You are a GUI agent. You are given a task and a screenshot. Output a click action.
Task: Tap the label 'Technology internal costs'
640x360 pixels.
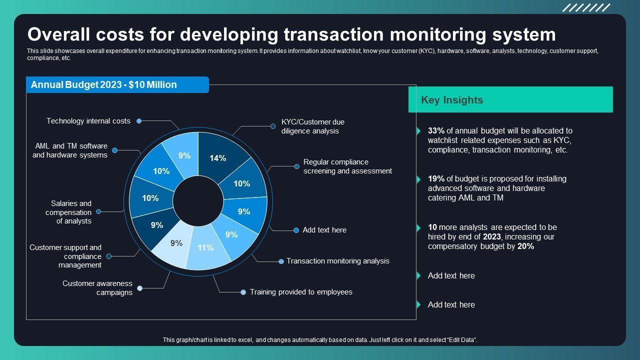click(x=88, y=121)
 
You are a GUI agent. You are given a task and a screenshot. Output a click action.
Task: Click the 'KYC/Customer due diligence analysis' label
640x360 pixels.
click(x=312, y=126)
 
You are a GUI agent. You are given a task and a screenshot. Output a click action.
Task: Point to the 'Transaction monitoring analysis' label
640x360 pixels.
click(x=338, y=261)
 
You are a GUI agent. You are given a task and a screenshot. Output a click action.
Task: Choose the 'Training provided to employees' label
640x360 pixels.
click(x=301, y=292)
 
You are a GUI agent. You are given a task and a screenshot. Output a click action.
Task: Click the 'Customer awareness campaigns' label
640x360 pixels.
click(x=97, y=288)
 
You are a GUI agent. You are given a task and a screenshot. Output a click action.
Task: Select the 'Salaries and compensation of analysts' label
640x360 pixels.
click(x=68, y=212)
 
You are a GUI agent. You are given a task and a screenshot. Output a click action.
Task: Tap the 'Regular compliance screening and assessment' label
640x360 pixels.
click(x=347, y=166)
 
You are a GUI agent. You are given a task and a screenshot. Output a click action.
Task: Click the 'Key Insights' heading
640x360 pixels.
click(x=452, y=100)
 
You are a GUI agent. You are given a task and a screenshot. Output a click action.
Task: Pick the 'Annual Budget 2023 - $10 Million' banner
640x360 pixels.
click(x=104, y=85)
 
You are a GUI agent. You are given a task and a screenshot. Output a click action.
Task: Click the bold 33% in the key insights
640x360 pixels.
click(x=436, y=131)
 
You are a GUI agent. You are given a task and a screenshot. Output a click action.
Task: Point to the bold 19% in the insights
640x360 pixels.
click(x=436, y=179)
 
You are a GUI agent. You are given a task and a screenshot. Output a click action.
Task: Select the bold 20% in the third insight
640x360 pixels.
click(x=526, y=246)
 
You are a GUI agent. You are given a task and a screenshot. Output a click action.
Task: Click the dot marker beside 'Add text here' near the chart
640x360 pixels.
click(x=296, y=230)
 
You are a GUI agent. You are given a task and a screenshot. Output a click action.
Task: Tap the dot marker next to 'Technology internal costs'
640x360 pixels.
click(x=139, y=121)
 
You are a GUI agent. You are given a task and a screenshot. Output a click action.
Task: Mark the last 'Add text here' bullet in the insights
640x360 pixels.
click(x=451, y=304)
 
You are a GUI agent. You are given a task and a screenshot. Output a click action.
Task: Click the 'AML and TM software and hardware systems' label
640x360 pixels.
click(x=70, y=150)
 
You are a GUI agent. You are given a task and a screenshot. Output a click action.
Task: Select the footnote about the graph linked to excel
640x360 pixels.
click(x=320, y=340)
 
